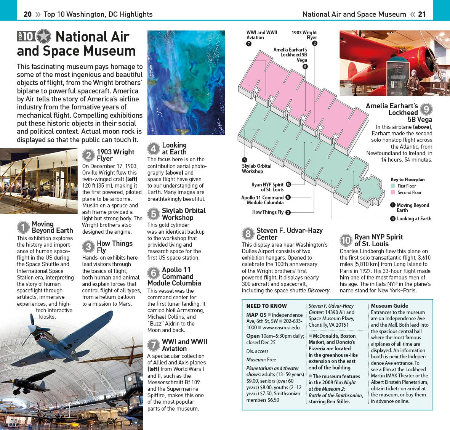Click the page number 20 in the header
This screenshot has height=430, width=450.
pos(27,14)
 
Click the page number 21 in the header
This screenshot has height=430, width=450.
pos(422,14)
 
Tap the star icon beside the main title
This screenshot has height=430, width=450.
pos(44,37)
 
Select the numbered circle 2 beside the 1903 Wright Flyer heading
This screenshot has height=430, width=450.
pos(88,155)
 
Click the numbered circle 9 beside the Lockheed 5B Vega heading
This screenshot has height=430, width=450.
pos(426,109)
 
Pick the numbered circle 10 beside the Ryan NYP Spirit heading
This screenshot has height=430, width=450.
pos(346,240)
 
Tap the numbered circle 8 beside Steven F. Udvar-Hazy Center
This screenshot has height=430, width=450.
pos(248,234)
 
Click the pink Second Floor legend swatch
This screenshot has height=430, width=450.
pos(393,193)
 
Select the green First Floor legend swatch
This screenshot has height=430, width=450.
pos(393,186)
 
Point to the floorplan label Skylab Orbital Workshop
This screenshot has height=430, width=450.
pos(256,168)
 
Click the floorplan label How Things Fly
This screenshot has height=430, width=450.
pos(268,212)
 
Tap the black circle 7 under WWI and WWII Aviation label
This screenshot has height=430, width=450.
pos(249,43)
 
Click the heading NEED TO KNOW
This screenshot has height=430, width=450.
pos(266,306)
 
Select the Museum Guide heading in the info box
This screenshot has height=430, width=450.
pos(389,306)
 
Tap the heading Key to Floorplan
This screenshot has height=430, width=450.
pos(407,179)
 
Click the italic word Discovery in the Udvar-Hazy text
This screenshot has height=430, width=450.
pos(319,290)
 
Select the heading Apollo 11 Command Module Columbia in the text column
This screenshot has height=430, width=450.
pos(174,276)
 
